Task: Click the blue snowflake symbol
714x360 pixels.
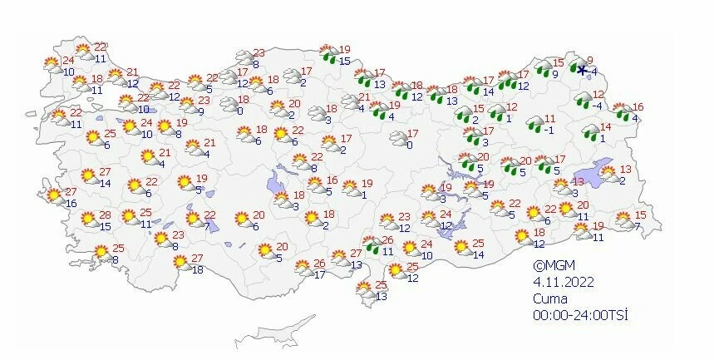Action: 582,71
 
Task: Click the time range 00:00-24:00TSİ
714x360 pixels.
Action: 579,315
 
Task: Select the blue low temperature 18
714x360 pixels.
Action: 197,269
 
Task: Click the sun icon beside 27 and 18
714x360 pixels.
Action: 180,264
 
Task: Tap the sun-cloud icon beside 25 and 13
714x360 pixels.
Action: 364,290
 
